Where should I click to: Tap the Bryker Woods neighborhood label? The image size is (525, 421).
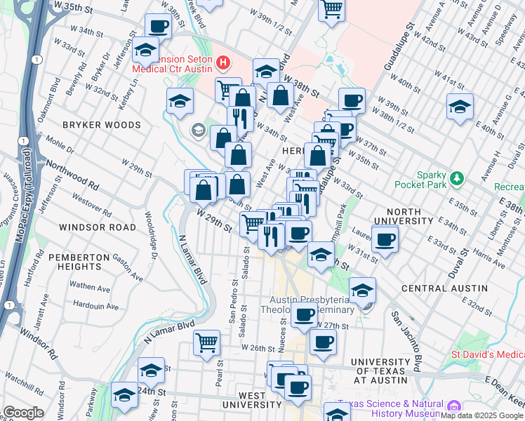(x=102, y=125)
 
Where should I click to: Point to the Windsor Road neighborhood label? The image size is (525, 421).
(x=98, y=227)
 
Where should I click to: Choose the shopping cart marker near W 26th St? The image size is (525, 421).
(x=207, y=343)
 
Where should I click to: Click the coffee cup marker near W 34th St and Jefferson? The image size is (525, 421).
(x=159, y=27)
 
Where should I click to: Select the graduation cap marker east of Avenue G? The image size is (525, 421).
(x=460, y=107)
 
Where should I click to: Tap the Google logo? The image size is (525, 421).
(x=23, y=413)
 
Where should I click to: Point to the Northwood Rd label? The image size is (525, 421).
(x=72, y=175)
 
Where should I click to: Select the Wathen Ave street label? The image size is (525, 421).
(x=90, y=287)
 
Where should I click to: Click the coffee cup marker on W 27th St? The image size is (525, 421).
(x=305, y=315)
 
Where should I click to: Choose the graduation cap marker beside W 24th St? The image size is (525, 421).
(x=151, y=370)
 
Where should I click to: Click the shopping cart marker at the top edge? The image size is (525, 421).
(x=331, y=10)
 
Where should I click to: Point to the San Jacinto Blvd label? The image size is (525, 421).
(x=406, y=340)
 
